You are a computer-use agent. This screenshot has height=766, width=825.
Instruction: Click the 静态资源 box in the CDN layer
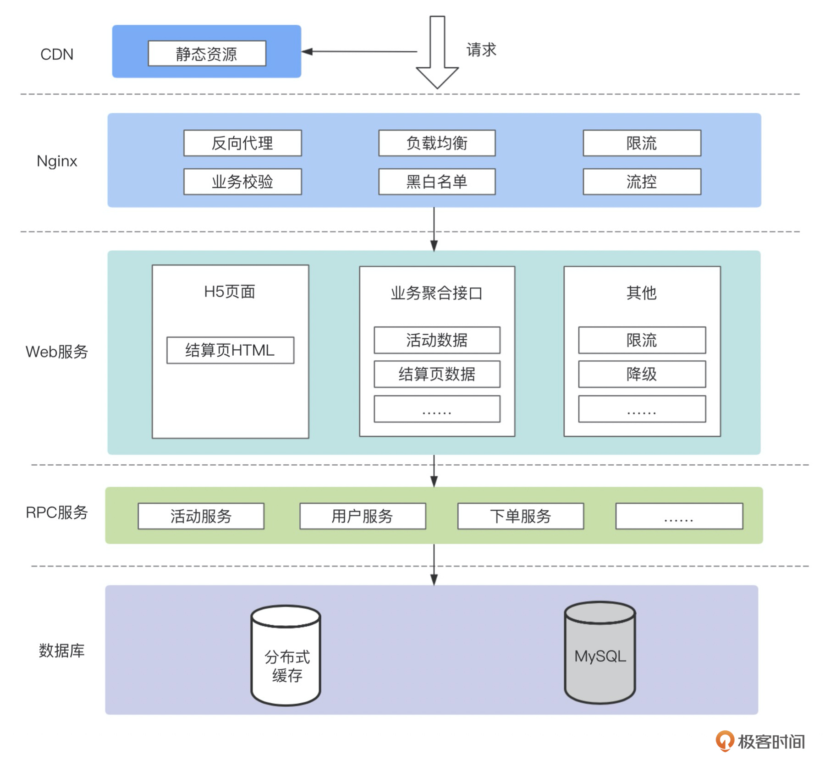[207, 54]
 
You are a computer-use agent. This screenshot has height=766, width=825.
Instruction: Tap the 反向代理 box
[242, 143]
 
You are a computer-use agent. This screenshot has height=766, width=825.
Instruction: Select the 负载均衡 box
[437, 143]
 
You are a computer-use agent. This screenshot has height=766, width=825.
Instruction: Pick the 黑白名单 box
[437, 182]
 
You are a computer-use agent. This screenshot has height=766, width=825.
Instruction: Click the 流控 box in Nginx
[642, 182]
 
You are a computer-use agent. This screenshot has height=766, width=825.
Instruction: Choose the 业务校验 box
[242, 182]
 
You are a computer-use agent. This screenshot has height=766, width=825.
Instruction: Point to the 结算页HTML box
[230, 350]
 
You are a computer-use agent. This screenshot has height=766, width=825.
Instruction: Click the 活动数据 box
[437, 340]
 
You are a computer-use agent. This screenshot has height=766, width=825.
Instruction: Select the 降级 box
[642, 374]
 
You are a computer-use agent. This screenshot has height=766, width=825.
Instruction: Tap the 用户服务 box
[363, 516]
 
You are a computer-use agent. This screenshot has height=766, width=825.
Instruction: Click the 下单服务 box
[521, 516]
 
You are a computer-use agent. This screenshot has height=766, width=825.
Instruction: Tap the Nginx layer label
[57, 161]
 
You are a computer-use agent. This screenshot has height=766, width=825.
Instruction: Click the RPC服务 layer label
[57, 512]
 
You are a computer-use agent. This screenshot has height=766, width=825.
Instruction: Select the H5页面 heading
[230, 292]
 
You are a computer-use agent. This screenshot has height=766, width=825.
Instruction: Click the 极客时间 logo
[761, 741]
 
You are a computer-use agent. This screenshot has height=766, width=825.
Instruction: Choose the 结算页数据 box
[437, 374]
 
